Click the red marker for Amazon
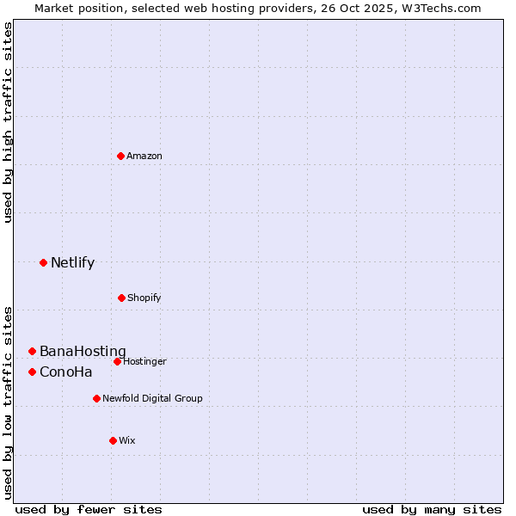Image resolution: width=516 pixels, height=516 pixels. click(121, 156)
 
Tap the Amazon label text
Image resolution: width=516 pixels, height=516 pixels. click(144, 157)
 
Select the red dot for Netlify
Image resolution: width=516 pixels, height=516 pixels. click(43, 262)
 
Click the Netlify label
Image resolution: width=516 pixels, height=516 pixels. click(72, 263)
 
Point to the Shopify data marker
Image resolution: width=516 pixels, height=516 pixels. click(121, 298)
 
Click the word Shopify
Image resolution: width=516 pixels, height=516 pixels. click(144, 298)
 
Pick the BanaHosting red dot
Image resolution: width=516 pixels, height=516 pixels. click(32, 351)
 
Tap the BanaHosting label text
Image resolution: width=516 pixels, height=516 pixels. click(83, 352)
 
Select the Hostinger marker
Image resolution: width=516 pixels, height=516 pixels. click(117, 361)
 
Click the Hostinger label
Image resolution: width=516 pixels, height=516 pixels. click(144, 362)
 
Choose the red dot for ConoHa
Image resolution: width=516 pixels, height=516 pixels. click(32, 372)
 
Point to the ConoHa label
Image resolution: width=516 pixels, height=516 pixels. click(66, 372)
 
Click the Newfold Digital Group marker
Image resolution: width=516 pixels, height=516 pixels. click(96, 398)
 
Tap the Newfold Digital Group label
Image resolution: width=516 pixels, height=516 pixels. click(152, 399)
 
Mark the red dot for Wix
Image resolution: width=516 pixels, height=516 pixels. click(113, 440)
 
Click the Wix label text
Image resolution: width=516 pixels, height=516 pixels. click(127, 441)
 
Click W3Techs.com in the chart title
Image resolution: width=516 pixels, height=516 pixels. click(442, 8)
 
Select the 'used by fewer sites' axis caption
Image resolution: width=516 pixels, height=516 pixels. click(89, 509)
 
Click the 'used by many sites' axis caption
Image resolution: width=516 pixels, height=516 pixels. click(432, 509)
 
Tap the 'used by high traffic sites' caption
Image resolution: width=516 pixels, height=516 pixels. click(8, 122)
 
